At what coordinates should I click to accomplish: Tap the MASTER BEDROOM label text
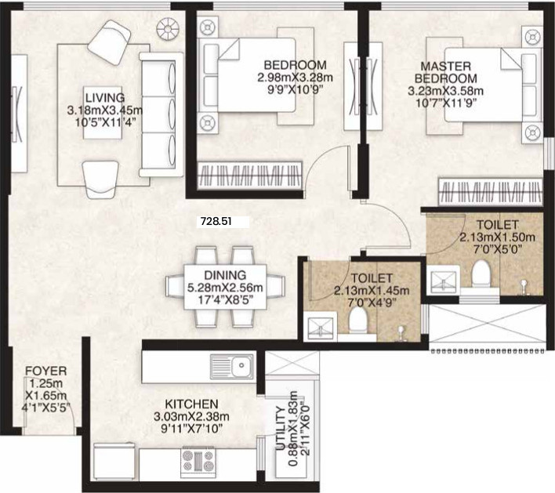[446, 73]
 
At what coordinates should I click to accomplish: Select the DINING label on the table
[226, 275]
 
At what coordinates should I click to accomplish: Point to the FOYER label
[45, 371]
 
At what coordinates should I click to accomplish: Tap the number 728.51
[218, 222]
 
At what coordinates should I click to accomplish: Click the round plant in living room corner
[169, 30]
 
